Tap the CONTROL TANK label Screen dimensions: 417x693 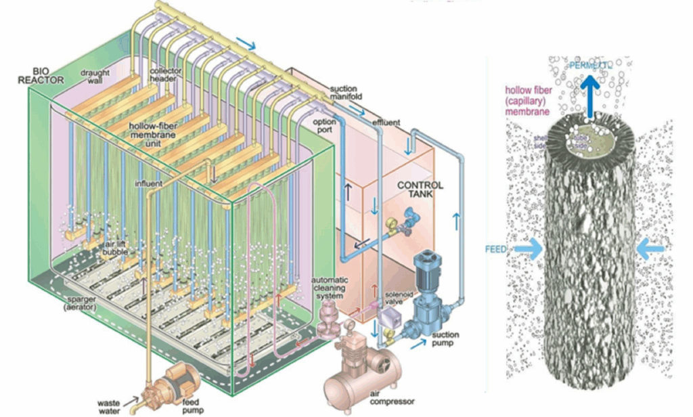click(420, 189)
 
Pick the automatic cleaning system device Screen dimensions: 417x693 click(330, 320)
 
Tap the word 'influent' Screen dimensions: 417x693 click(148, 184)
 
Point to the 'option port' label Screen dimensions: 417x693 click(323, 126)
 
